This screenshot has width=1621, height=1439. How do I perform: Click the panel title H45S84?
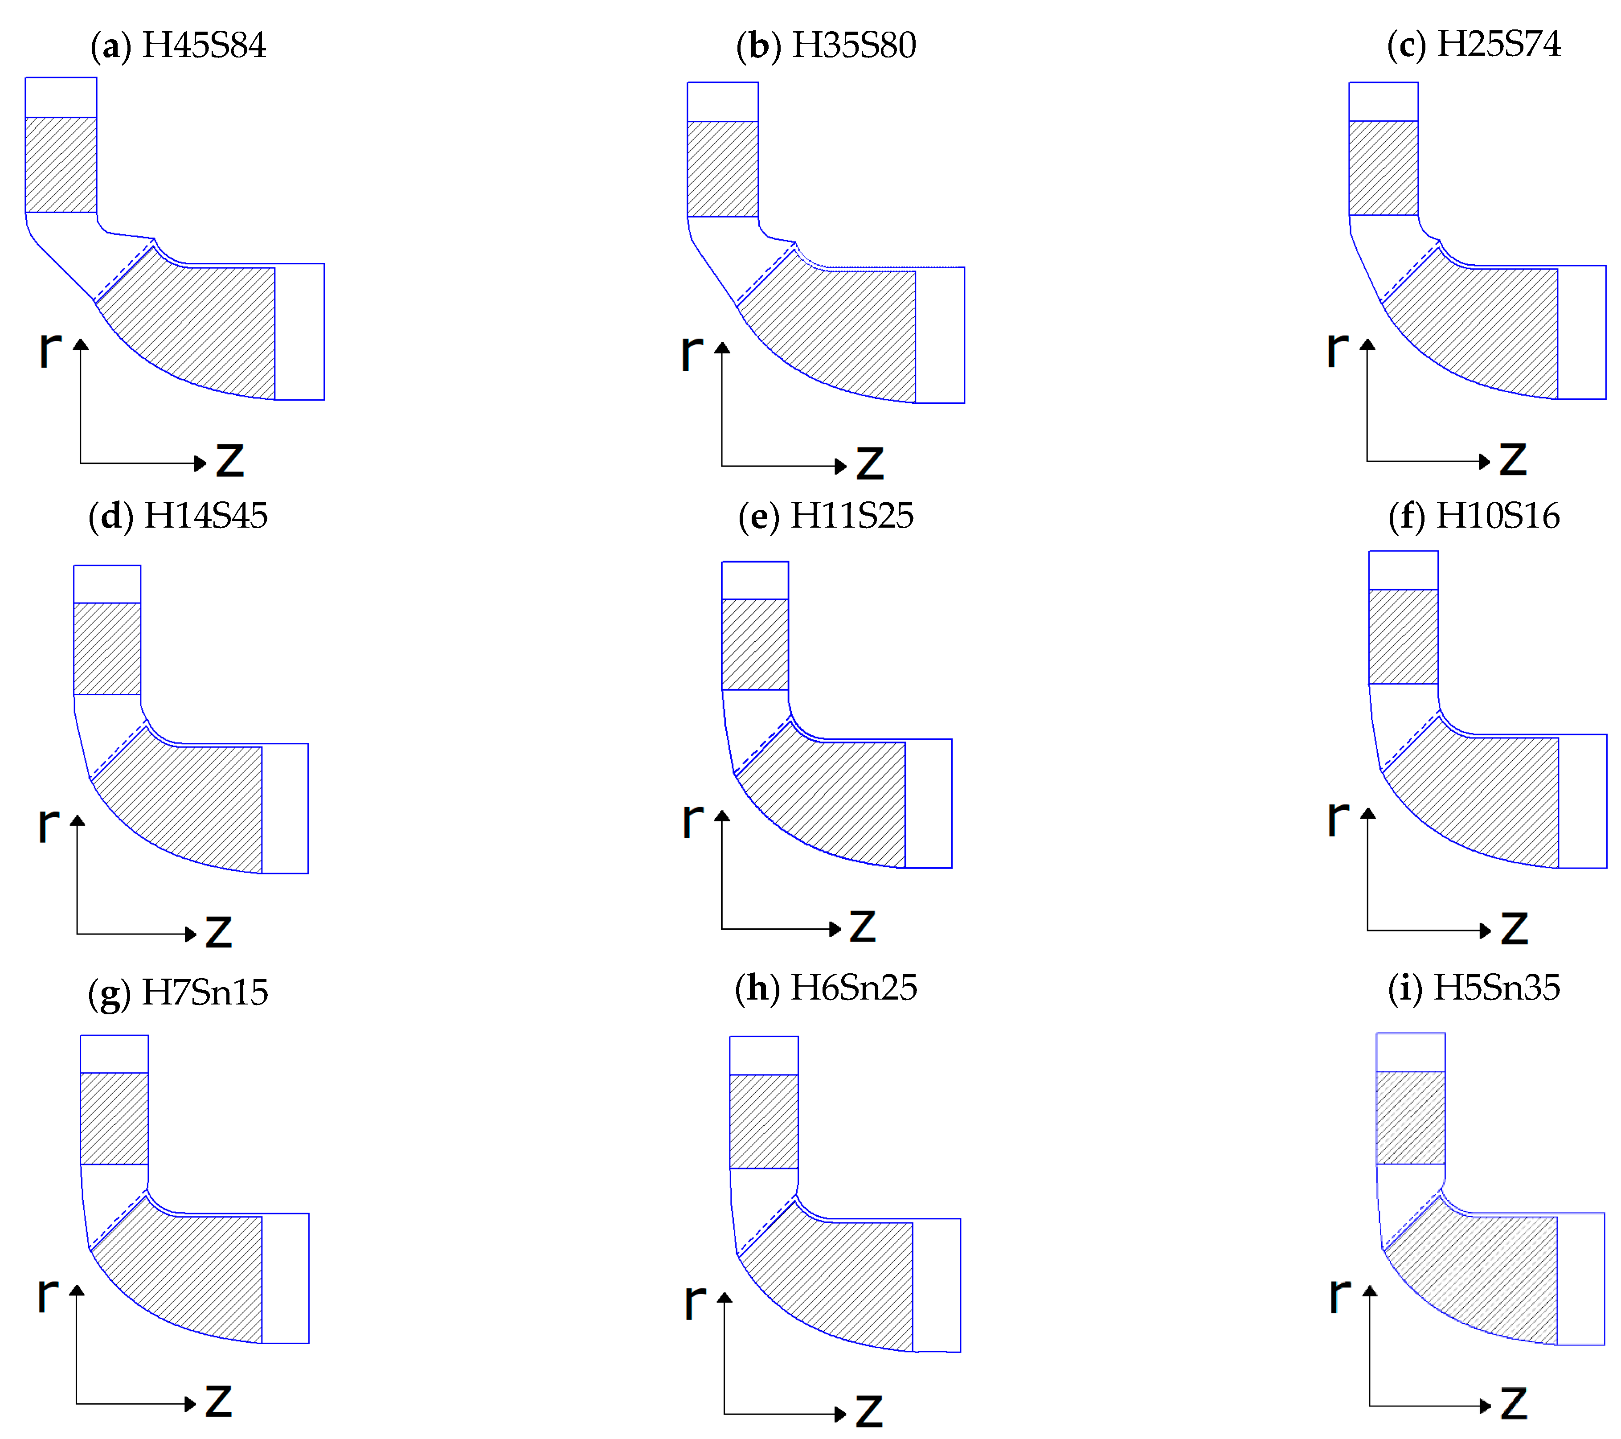pyautogui.click(x=204, y=45)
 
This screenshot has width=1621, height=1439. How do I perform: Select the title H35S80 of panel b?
pyautogui.click(x=854, y=45)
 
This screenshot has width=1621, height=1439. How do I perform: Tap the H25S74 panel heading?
pyautogui.click(x=1498, y=44)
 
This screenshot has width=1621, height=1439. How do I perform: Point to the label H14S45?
pyautogui.click(x=205, y=517)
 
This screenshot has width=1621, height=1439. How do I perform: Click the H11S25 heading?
pyautogui.click(x=852, y=517)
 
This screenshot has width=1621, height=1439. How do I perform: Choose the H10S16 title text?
pyautogui.click(x=1497, y=517)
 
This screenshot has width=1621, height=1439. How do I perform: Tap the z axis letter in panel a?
pyautogui.click(x=230, y=460)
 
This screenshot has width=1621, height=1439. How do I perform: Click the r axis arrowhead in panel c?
pyautogui.click(x=1367, y=344)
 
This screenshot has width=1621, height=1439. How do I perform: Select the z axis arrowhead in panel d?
pyautogui.click(x=190, y=934)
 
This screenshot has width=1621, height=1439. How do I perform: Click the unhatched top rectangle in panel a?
pyautogui.click(x=61, y=98)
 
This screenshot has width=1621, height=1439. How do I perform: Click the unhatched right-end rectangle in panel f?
pyautogui.click(x=1582, y=801)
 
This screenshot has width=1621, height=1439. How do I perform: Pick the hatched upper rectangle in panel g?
pyautogui.click(x=114, y=1119)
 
